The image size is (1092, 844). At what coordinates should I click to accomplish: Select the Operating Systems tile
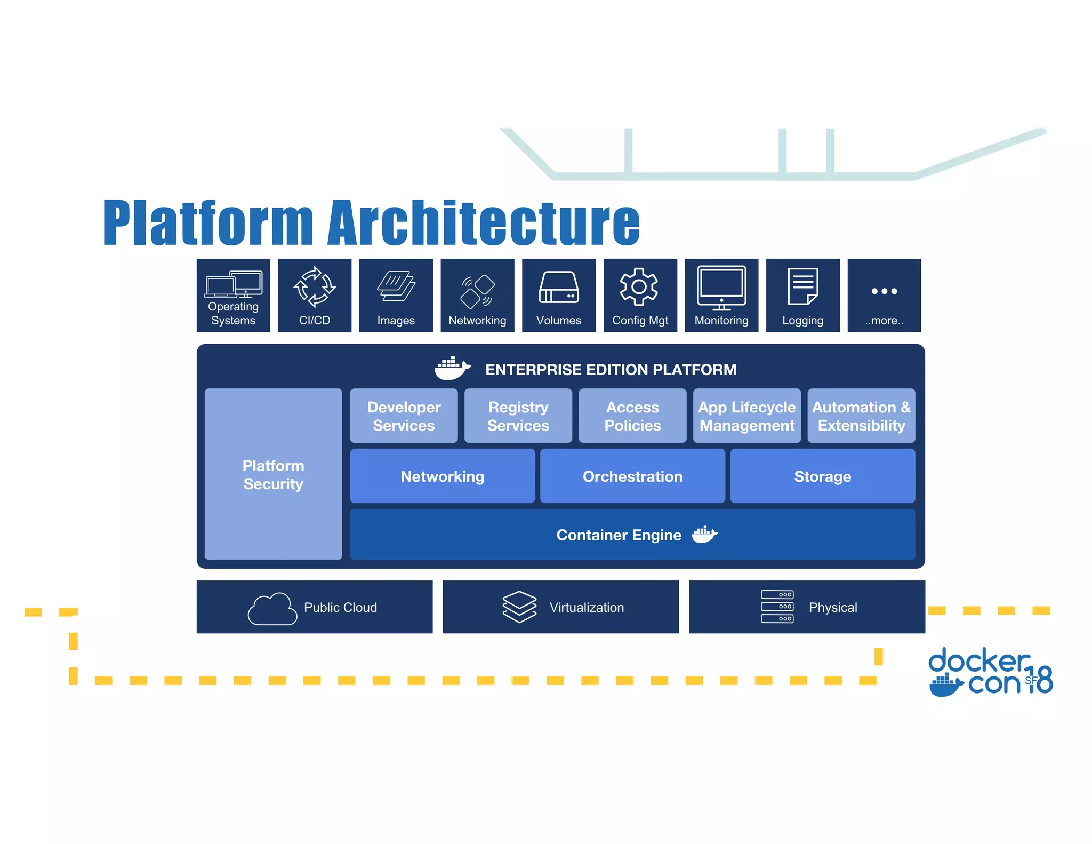coord(233,296)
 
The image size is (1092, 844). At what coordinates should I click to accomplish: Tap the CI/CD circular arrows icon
coord(315,287)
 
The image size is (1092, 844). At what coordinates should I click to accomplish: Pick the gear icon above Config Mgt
coord(639,287)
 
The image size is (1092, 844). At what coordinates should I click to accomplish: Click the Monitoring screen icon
coord(721,287)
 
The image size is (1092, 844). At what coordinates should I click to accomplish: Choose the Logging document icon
coord(802,286)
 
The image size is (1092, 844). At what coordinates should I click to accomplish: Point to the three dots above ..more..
coord(884,291)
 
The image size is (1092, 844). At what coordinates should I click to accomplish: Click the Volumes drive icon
coord(558,288)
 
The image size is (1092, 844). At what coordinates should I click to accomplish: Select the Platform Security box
coord(273,474)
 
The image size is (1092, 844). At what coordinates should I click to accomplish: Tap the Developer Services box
coord(404,416)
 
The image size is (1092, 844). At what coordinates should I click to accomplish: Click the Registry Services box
coord(518,416)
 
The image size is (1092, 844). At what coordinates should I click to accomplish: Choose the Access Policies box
coord(632,416)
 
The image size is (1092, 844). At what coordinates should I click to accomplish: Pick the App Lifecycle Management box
coord(746,416)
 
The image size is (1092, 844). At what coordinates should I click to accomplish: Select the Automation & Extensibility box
coord(861,416)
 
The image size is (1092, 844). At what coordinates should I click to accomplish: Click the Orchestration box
coord(632,476)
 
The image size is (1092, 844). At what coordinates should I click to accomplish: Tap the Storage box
coord(822,476)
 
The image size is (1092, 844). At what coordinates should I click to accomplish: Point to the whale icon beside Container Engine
coord(704,534)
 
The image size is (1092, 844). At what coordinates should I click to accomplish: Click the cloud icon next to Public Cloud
coord(272,608)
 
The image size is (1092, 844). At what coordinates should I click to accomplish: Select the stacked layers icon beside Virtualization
coord(519,607)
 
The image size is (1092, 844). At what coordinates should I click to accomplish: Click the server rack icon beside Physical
coord(777,607)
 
